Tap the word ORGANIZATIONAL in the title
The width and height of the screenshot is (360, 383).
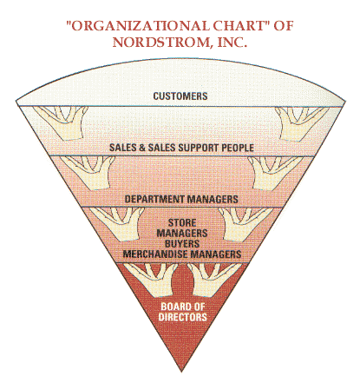click(x=138, y=26)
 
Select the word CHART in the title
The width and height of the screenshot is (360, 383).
click(x=239, y=26)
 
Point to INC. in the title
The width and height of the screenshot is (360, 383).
click(x=232, y=43)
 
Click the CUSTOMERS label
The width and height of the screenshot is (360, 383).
click(x=180, y=96)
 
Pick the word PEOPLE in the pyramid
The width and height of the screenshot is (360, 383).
click(x=238, y=148)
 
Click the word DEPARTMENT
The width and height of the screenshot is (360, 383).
click(x=154, y=199)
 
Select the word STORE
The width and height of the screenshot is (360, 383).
click(x=182, y=223)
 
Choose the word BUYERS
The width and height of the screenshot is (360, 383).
click(x=182, y=243)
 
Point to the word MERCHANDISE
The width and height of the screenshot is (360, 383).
click(x=156, y=254)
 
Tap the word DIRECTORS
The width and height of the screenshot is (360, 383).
click(x=182, y=317)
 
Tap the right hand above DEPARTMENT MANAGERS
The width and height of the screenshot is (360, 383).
click(x=275, y=173)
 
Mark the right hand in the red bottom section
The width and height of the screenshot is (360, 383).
click(x=213, y=281)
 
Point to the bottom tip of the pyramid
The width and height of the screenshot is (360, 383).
click(x=181, y=372)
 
